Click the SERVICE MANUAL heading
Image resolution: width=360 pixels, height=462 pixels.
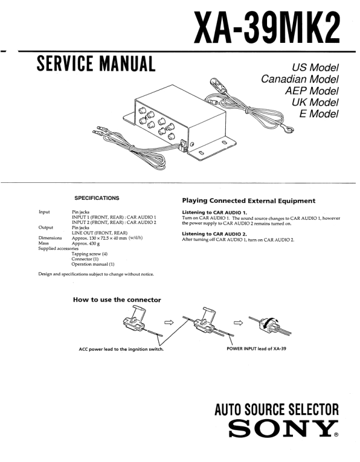point(96,63)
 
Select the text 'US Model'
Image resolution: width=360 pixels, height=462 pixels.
point(315,68)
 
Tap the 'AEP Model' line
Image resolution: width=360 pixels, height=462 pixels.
point(311,91)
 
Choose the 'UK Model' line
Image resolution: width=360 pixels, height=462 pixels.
point(315,102)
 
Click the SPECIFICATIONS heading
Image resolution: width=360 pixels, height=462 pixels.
point(96,198)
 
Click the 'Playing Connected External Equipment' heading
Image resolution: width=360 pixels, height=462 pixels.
point(248,200)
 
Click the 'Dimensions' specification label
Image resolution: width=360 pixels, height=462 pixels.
point(50,237)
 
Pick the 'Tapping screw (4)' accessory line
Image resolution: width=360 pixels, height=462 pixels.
point(89,253)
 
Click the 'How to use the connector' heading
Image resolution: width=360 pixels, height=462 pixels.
point(116,300)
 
